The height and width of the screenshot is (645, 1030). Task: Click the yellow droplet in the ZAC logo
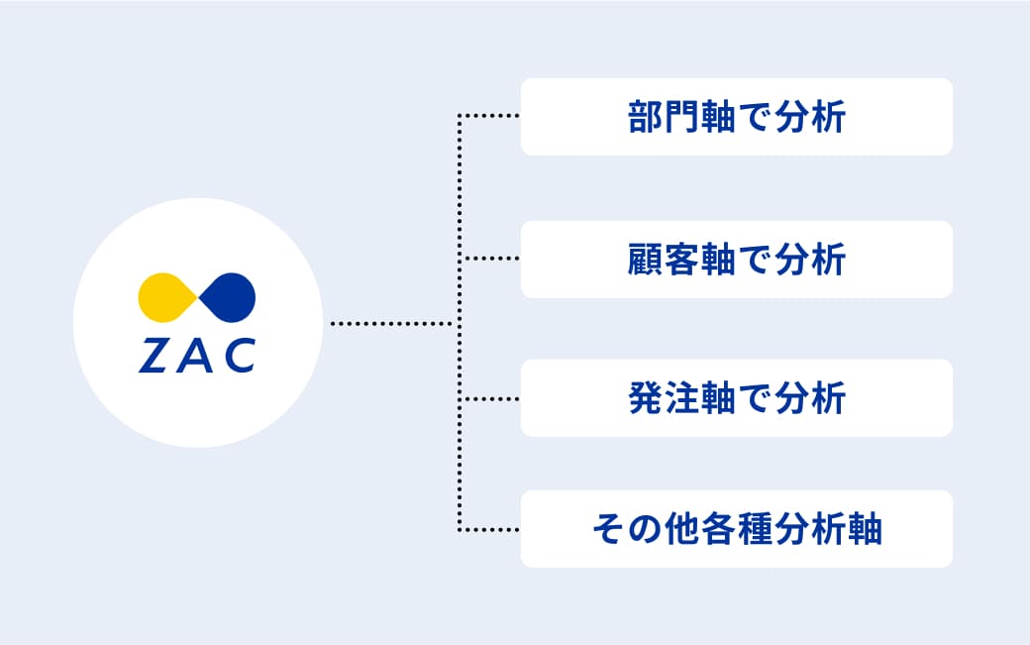[x=165, y=297]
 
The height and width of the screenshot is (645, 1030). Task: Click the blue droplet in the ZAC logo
[x=228, y=297]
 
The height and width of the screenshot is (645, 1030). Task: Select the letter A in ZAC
[x=195, y=356]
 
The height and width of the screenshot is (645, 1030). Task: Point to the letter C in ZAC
[x=239, y=356]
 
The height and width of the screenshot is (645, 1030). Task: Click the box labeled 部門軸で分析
[x=737, y=117]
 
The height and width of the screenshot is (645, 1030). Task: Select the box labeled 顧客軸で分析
[x=737, y=260]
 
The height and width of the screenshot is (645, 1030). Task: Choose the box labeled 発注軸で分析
[x=737, y=398]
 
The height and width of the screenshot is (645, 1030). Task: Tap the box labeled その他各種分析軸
[x=737, y=529]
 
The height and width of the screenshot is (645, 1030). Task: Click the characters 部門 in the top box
[x=664, y=117]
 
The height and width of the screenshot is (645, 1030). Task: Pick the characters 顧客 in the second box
[x=664, y=260]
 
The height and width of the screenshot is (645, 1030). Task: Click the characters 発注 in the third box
[x=664, y=398]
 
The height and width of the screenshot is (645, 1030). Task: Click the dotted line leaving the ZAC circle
[x=391, y=323]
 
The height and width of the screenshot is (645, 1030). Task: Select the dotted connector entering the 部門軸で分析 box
[x=488, y=116]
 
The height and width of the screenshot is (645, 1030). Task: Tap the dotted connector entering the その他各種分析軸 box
[x=488, y=529]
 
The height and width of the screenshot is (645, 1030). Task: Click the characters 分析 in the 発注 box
[x=810, y=398]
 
